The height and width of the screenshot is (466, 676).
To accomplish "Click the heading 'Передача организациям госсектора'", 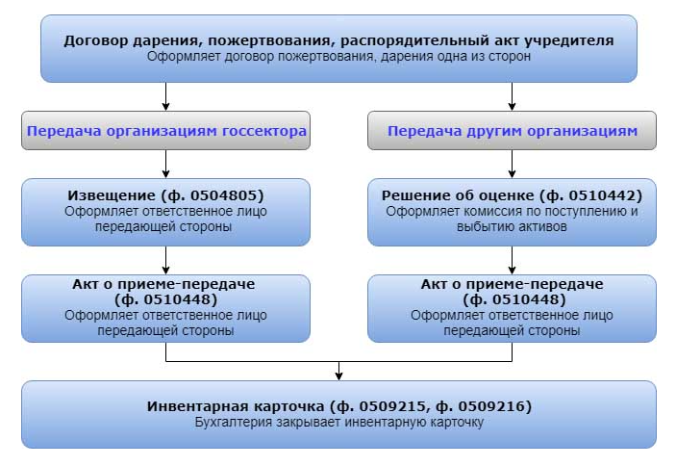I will coord(166,131).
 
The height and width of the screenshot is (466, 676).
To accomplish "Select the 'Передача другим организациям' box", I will coord(512,131).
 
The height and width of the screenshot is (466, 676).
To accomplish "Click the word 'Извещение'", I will coord(105,194).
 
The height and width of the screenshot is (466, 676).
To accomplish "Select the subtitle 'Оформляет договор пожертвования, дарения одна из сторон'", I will coord(338,56).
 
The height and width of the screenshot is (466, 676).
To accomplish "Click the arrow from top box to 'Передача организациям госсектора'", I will coord(166,96).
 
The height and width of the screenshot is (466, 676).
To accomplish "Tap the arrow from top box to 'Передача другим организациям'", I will coord(512,96).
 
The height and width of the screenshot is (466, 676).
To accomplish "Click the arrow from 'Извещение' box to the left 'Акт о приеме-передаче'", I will coord(166,260).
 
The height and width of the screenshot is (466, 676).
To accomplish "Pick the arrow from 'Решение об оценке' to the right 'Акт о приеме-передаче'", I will coord(512,260).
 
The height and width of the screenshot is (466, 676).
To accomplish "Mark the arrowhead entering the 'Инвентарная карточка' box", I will coord(338,375).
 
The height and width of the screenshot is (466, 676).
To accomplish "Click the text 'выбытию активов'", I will coord(512,227).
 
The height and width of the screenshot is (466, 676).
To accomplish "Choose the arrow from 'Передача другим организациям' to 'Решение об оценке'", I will coord(512,164).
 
